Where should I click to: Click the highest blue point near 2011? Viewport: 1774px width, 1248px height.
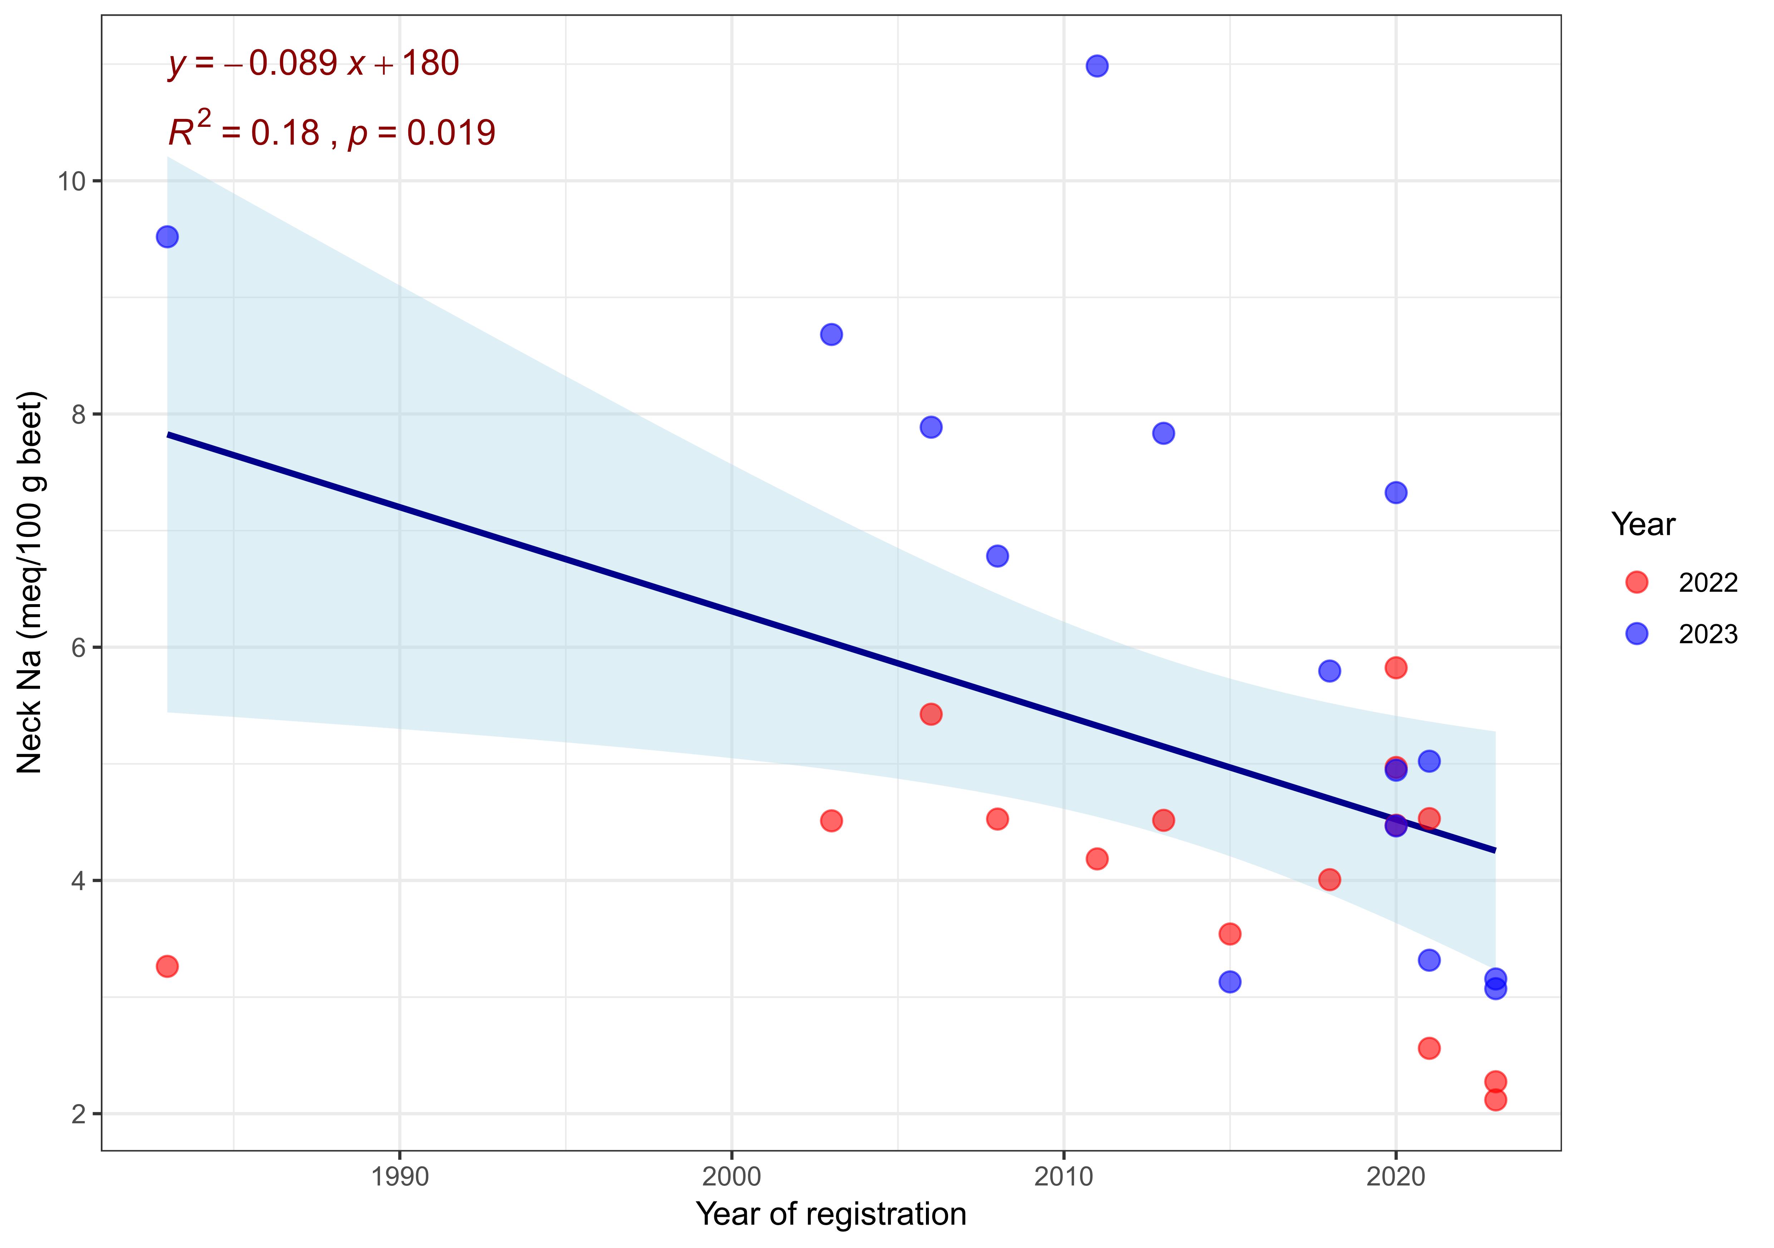point(1097,66)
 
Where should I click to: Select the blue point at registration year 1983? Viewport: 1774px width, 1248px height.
point(167,236)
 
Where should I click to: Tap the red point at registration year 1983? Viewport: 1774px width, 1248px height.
point(167,966)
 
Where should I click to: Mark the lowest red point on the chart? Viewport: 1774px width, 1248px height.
point(1495,1100)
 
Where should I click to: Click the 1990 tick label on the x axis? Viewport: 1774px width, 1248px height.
point(399,1177)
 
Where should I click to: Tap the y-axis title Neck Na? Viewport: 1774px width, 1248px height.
point(31,583)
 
